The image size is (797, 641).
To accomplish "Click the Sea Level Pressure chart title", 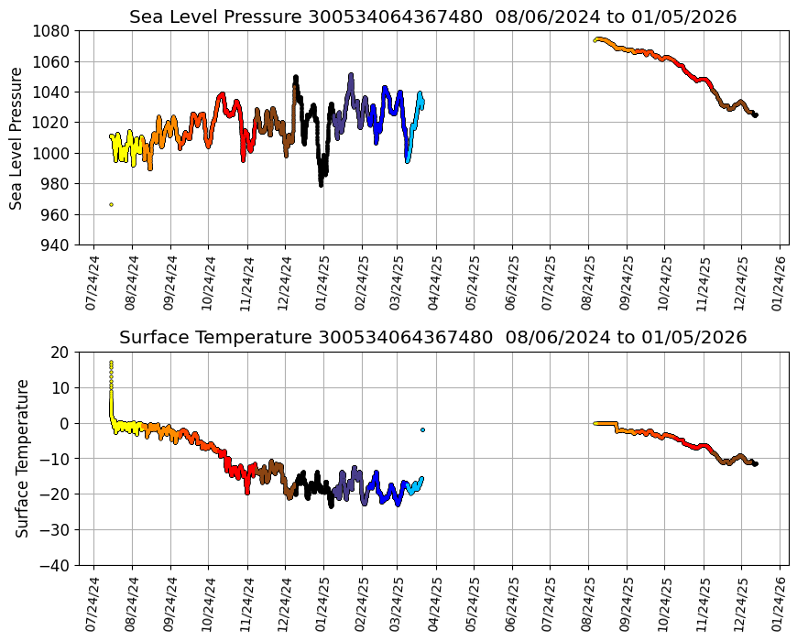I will pos(432,17).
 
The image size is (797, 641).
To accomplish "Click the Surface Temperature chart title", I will pos(432,338).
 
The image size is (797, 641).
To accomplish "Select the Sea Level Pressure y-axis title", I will pos(16,137).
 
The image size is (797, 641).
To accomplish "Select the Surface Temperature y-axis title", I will pos(22,458).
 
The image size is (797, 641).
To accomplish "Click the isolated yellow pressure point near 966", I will pos(111,204).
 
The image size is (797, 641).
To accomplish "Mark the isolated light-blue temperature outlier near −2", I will pos(422,429).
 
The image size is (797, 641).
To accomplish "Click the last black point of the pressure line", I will pos(756,115).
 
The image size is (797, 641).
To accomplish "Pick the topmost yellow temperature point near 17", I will pos(111,363).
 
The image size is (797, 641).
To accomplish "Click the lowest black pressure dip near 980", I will pos(321,184).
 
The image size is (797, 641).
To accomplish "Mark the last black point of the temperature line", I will pos(756,464).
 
